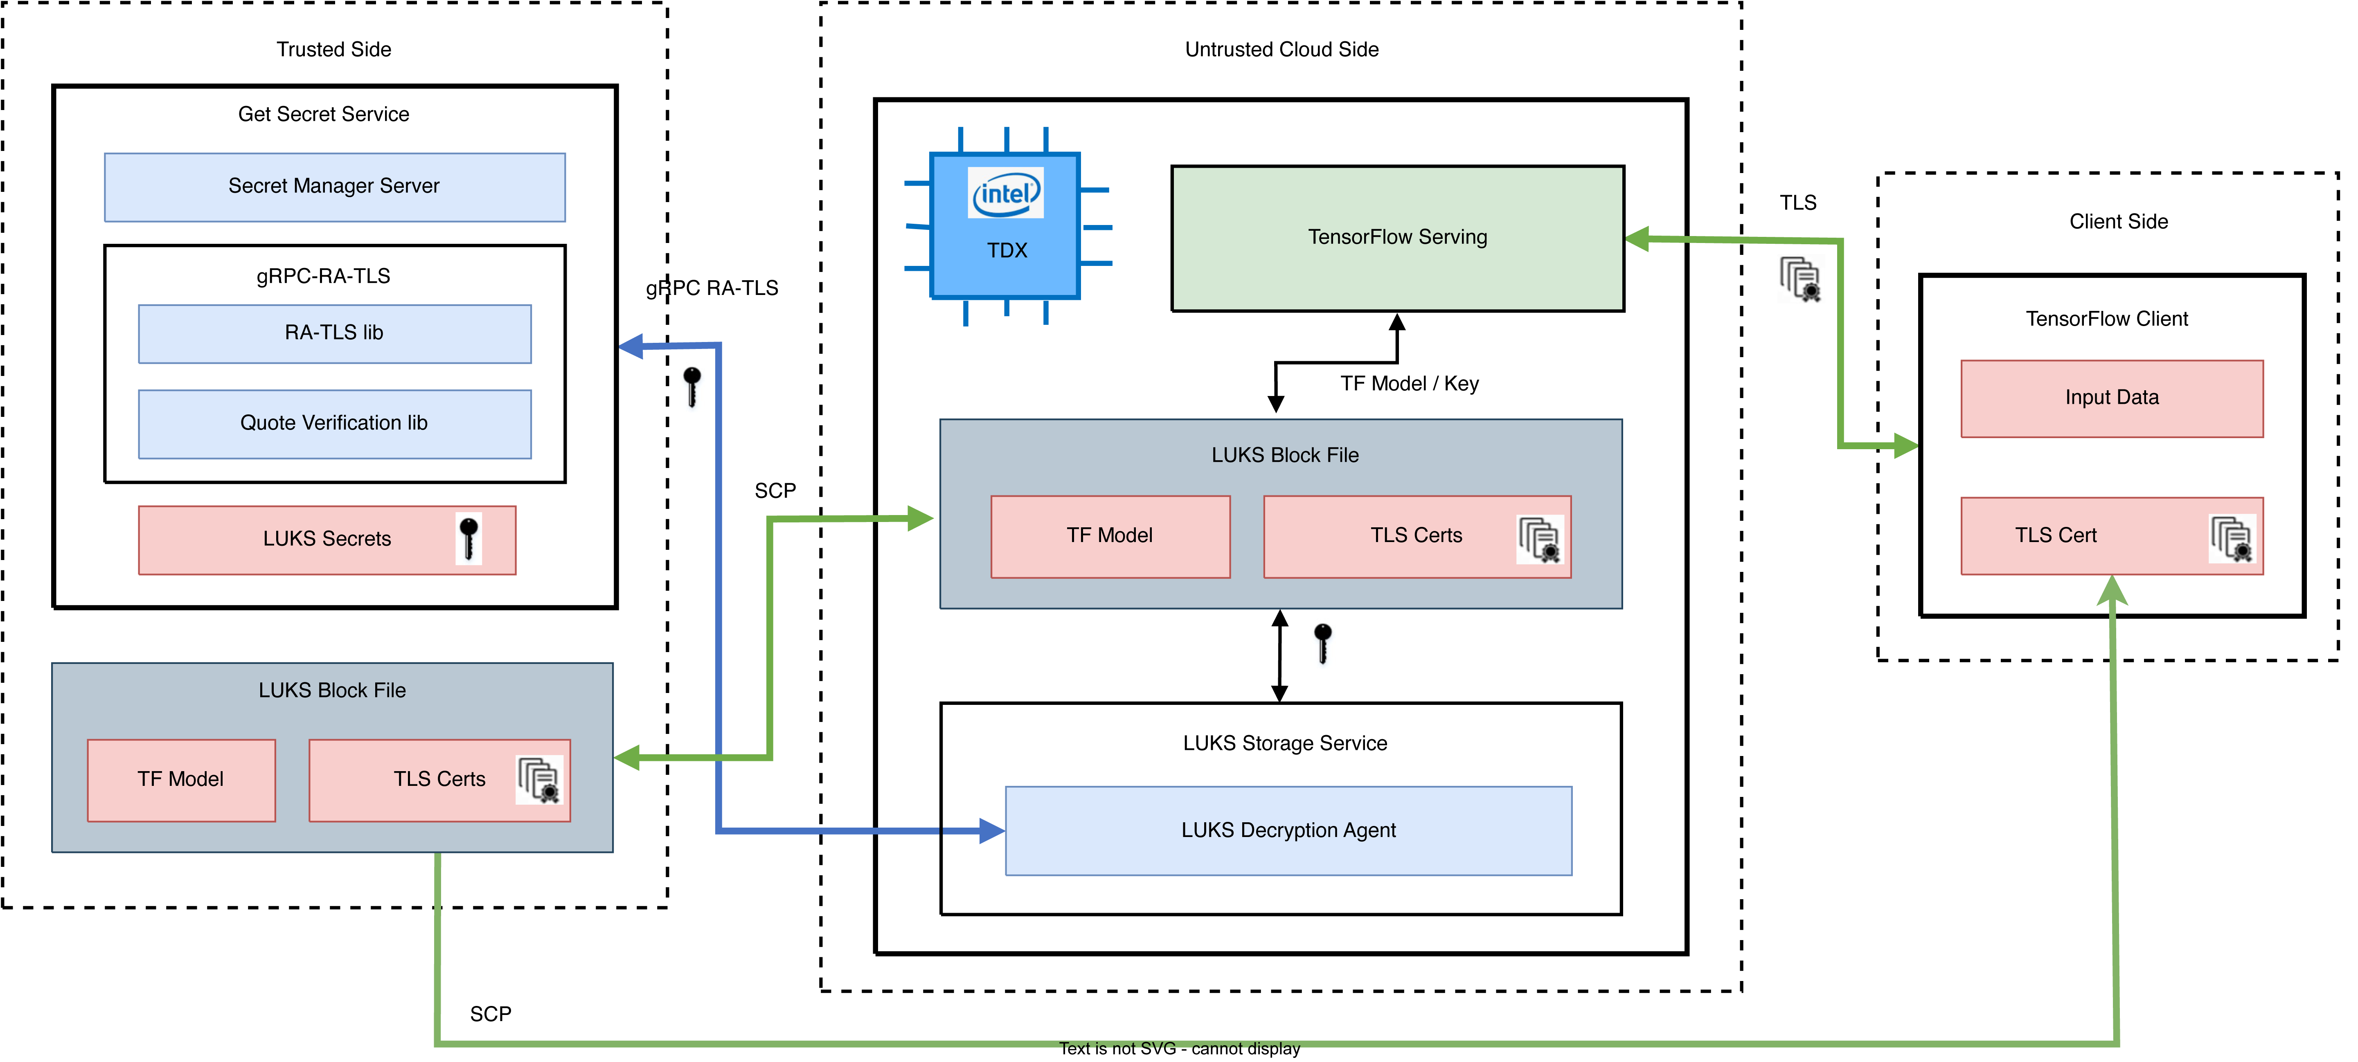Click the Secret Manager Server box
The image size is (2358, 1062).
pos(334,187)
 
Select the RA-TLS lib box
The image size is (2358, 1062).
pos(334,333)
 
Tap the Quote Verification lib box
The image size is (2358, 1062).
pos(334,423)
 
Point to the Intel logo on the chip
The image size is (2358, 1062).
pos(1006,193)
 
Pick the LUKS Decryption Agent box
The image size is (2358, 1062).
pos(1288,830)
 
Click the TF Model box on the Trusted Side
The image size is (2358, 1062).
pos(181,779)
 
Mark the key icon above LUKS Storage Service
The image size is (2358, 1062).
pos(1323,643)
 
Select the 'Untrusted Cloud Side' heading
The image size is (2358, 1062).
pos(1281,49)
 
